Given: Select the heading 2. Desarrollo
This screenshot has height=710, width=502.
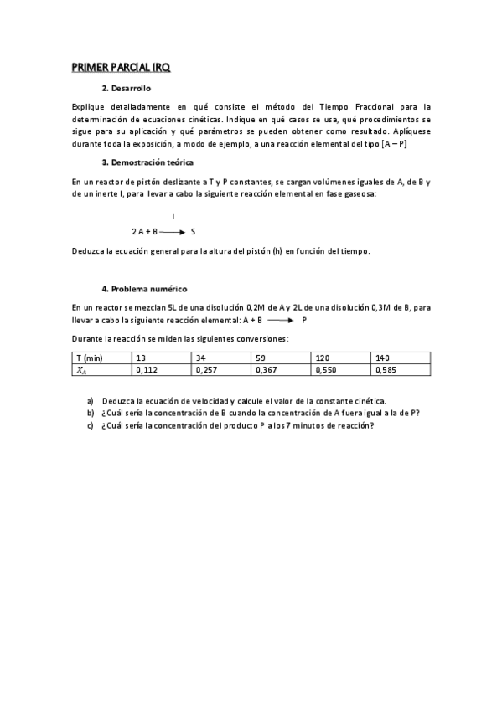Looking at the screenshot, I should (x=127, y=88).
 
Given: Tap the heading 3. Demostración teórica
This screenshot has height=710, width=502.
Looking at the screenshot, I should (x=147, y=162).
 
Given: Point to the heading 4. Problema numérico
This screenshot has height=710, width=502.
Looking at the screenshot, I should (x=145, y=288).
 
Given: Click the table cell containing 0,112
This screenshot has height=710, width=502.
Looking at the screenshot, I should (x=146, y=369).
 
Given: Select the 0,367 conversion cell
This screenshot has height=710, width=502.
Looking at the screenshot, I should (x=267, y=369).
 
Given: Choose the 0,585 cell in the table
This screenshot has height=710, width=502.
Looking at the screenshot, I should (x=386, y=369).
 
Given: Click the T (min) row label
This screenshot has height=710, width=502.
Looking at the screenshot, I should (x=88, y=358).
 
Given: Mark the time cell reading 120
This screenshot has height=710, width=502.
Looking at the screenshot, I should (x=323, y=358).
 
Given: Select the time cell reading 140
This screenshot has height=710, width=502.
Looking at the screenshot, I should (x=383, y=358).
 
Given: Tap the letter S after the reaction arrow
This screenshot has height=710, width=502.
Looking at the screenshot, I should (x=193, y=231).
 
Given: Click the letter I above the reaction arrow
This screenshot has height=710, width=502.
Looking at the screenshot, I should (x=173, y=216).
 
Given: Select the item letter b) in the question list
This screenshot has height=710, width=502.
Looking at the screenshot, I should (x=91, y=413).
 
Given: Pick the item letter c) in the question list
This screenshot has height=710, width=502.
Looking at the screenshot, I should (x=91, y=425).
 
